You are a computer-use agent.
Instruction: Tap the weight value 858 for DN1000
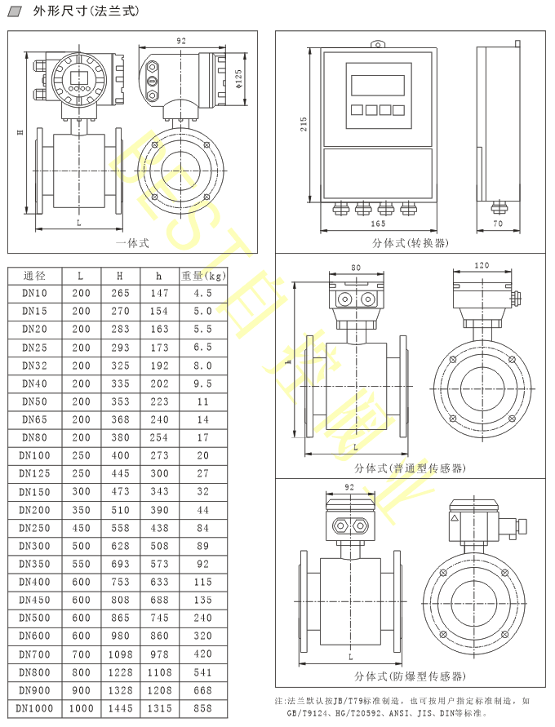point(203,708)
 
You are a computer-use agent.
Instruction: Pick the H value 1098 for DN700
point(120,654)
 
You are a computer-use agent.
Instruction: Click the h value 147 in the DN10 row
point(160,293)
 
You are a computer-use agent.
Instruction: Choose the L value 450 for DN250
point(81,528)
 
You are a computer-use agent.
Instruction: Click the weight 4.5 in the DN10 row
point(203,293)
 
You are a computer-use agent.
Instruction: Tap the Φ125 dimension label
point(238,78)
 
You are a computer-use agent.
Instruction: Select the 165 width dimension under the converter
point(378,224)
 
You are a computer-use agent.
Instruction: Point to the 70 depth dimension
point(498,224)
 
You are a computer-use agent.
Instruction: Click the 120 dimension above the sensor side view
point(482,266)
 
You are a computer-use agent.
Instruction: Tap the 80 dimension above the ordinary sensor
point(355,268)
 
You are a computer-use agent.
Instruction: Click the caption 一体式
point(132,242)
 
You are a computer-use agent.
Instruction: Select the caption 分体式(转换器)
point(411,242)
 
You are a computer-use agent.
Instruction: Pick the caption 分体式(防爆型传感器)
point(411,676)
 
